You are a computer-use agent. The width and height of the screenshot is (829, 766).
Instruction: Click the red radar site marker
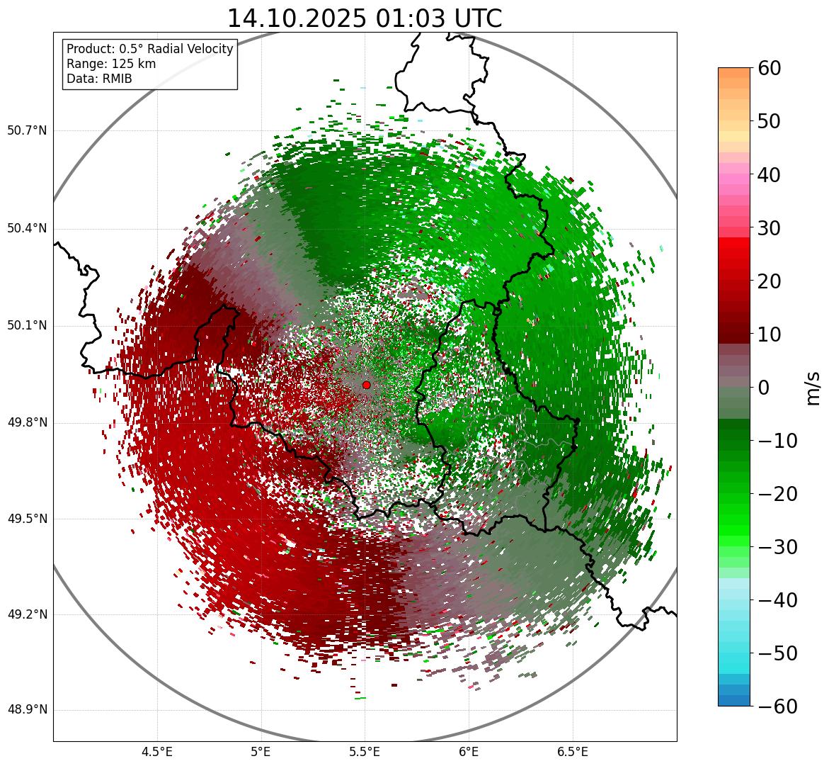[366, 385]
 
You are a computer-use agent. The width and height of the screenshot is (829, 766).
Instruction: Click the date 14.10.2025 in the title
[297, 18]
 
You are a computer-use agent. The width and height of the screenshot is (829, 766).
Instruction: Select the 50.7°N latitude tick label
[27, 130]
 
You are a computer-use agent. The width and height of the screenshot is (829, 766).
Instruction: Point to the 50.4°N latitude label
[27, 228]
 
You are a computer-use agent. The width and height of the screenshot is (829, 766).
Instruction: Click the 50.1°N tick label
[27, 326]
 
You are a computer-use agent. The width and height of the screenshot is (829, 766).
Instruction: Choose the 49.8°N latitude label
[27, 423]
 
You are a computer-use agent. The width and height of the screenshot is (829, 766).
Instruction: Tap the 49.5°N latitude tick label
[27, 519]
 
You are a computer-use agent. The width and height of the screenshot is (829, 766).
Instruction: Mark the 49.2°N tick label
[27, 614]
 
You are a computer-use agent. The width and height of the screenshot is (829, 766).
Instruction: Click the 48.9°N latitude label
[27, 710]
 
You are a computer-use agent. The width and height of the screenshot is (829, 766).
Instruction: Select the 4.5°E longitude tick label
[157, 753]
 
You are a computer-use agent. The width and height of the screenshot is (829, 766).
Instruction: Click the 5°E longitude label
[261, 753]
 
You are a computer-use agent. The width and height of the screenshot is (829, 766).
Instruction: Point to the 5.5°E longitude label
[365, 753]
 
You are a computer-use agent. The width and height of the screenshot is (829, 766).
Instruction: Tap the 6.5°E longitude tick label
[572, 753]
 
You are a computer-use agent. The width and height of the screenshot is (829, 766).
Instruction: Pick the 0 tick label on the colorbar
[764, 388]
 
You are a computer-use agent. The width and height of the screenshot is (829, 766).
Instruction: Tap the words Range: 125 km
[111, 64]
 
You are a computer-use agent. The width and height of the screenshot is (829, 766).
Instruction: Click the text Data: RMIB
[99, 79]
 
